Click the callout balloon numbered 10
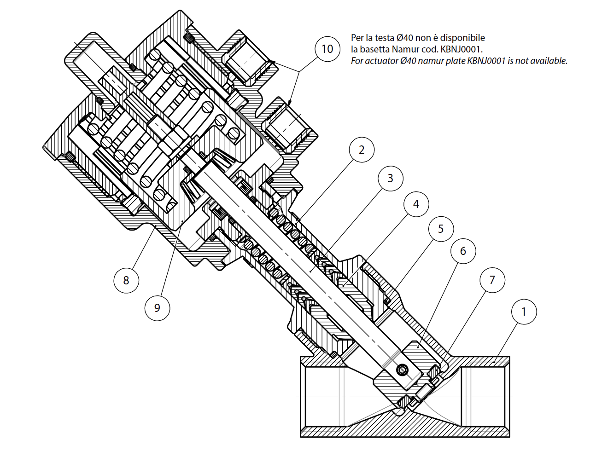[327, 49]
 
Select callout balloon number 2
[362, 150]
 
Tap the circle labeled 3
[390, 178]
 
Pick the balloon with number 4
[416, 204]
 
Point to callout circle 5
[441, 229]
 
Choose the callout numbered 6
[463, 251]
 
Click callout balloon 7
[492, 280]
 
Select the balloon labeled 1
[524, 312]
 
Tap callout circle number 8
[126, 280]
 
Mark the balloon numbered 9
[157, 308]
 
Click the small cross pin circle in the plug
[402, 370]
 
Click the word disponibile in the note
[462, 38]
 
